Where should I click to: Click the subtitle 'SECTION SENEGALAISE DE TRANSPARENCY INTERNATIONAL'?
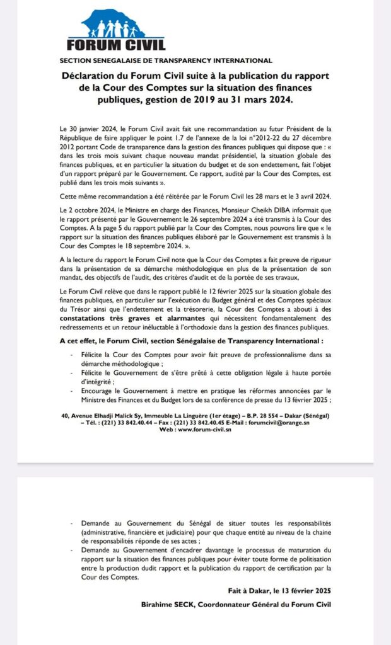tap(165, 61)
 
